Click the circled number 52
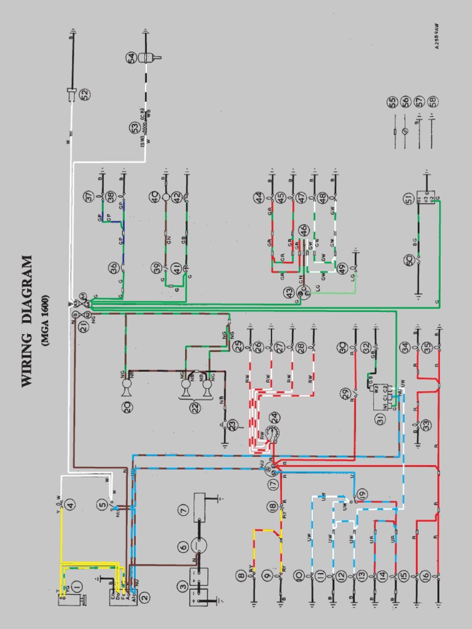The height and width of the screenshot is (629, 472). pyautogui.click(x=84, y=94)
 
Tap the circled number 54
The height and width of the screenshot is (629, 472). pyautogui.click(x=132, y=58)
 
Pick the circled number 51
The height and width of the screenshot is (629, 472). pyautogui.click(x=407, y=198)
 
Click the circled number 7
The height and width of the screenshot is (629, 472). pyautogui.click(x=183, y=509)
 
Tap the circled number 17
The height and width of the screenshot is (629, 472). pyautogui.click(x=273, y=484)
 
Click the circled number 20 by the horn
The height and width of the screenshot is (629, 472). pyautogui.click(x=128, y=407)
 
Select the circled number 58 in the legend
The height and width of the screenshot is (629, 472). pyautogui.click(x=433, y=101)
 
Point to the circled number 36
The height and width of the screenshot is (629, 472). pyautogui.click(x=114, y=268)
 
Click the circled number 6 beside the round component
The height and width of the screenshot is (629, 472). pyautogui.click(x=183, y=546)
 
